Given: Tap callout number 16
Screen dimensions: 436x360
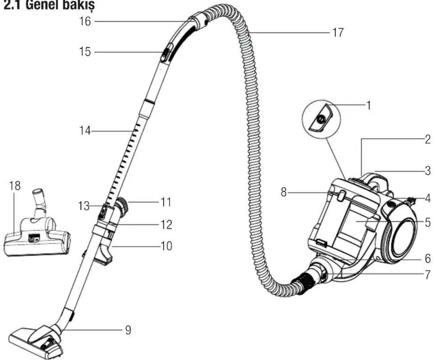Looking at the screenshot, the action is click(85, 21).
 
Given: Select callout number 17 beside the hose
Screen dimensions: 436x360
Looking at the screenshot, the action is click(338, 33).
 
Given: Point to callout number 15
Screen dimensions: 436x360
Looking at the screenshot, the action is click(85, 52).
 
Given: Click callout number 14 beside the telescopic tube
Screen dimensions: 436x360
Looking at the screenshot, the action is click(85, 131).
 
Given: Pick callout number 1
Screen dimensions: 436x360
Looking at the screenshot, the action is click(369, 105).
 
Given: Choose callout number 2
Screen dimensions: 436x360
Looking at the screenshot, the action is click(428, 139).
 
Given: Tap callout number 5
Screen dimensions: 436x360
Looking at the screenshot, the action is click(428, 222).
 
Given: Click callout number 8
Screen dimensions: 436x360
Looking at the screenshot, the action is click(284, 192).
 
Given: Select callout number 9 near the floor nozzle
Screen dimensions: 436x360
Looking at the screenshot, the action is click(128, 330).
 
